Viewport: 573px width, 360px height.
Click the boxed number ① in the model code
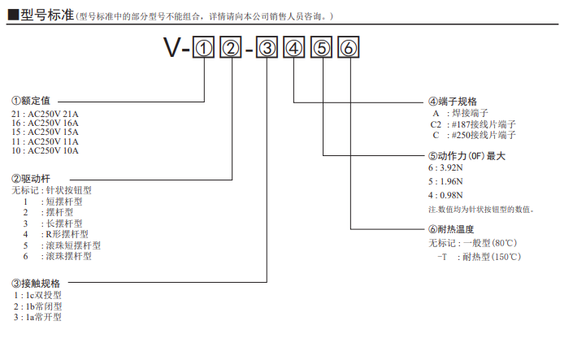click(203, 49)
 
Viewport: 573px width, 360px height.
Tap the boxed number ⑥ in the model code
click(348, 49)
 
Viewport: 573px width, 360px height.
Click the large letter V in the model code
click(172, 49)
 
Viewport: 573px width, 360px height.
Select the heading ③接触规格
click(36, 284)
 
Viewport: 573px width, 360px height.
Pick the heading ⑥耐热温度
click(453, 230)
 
